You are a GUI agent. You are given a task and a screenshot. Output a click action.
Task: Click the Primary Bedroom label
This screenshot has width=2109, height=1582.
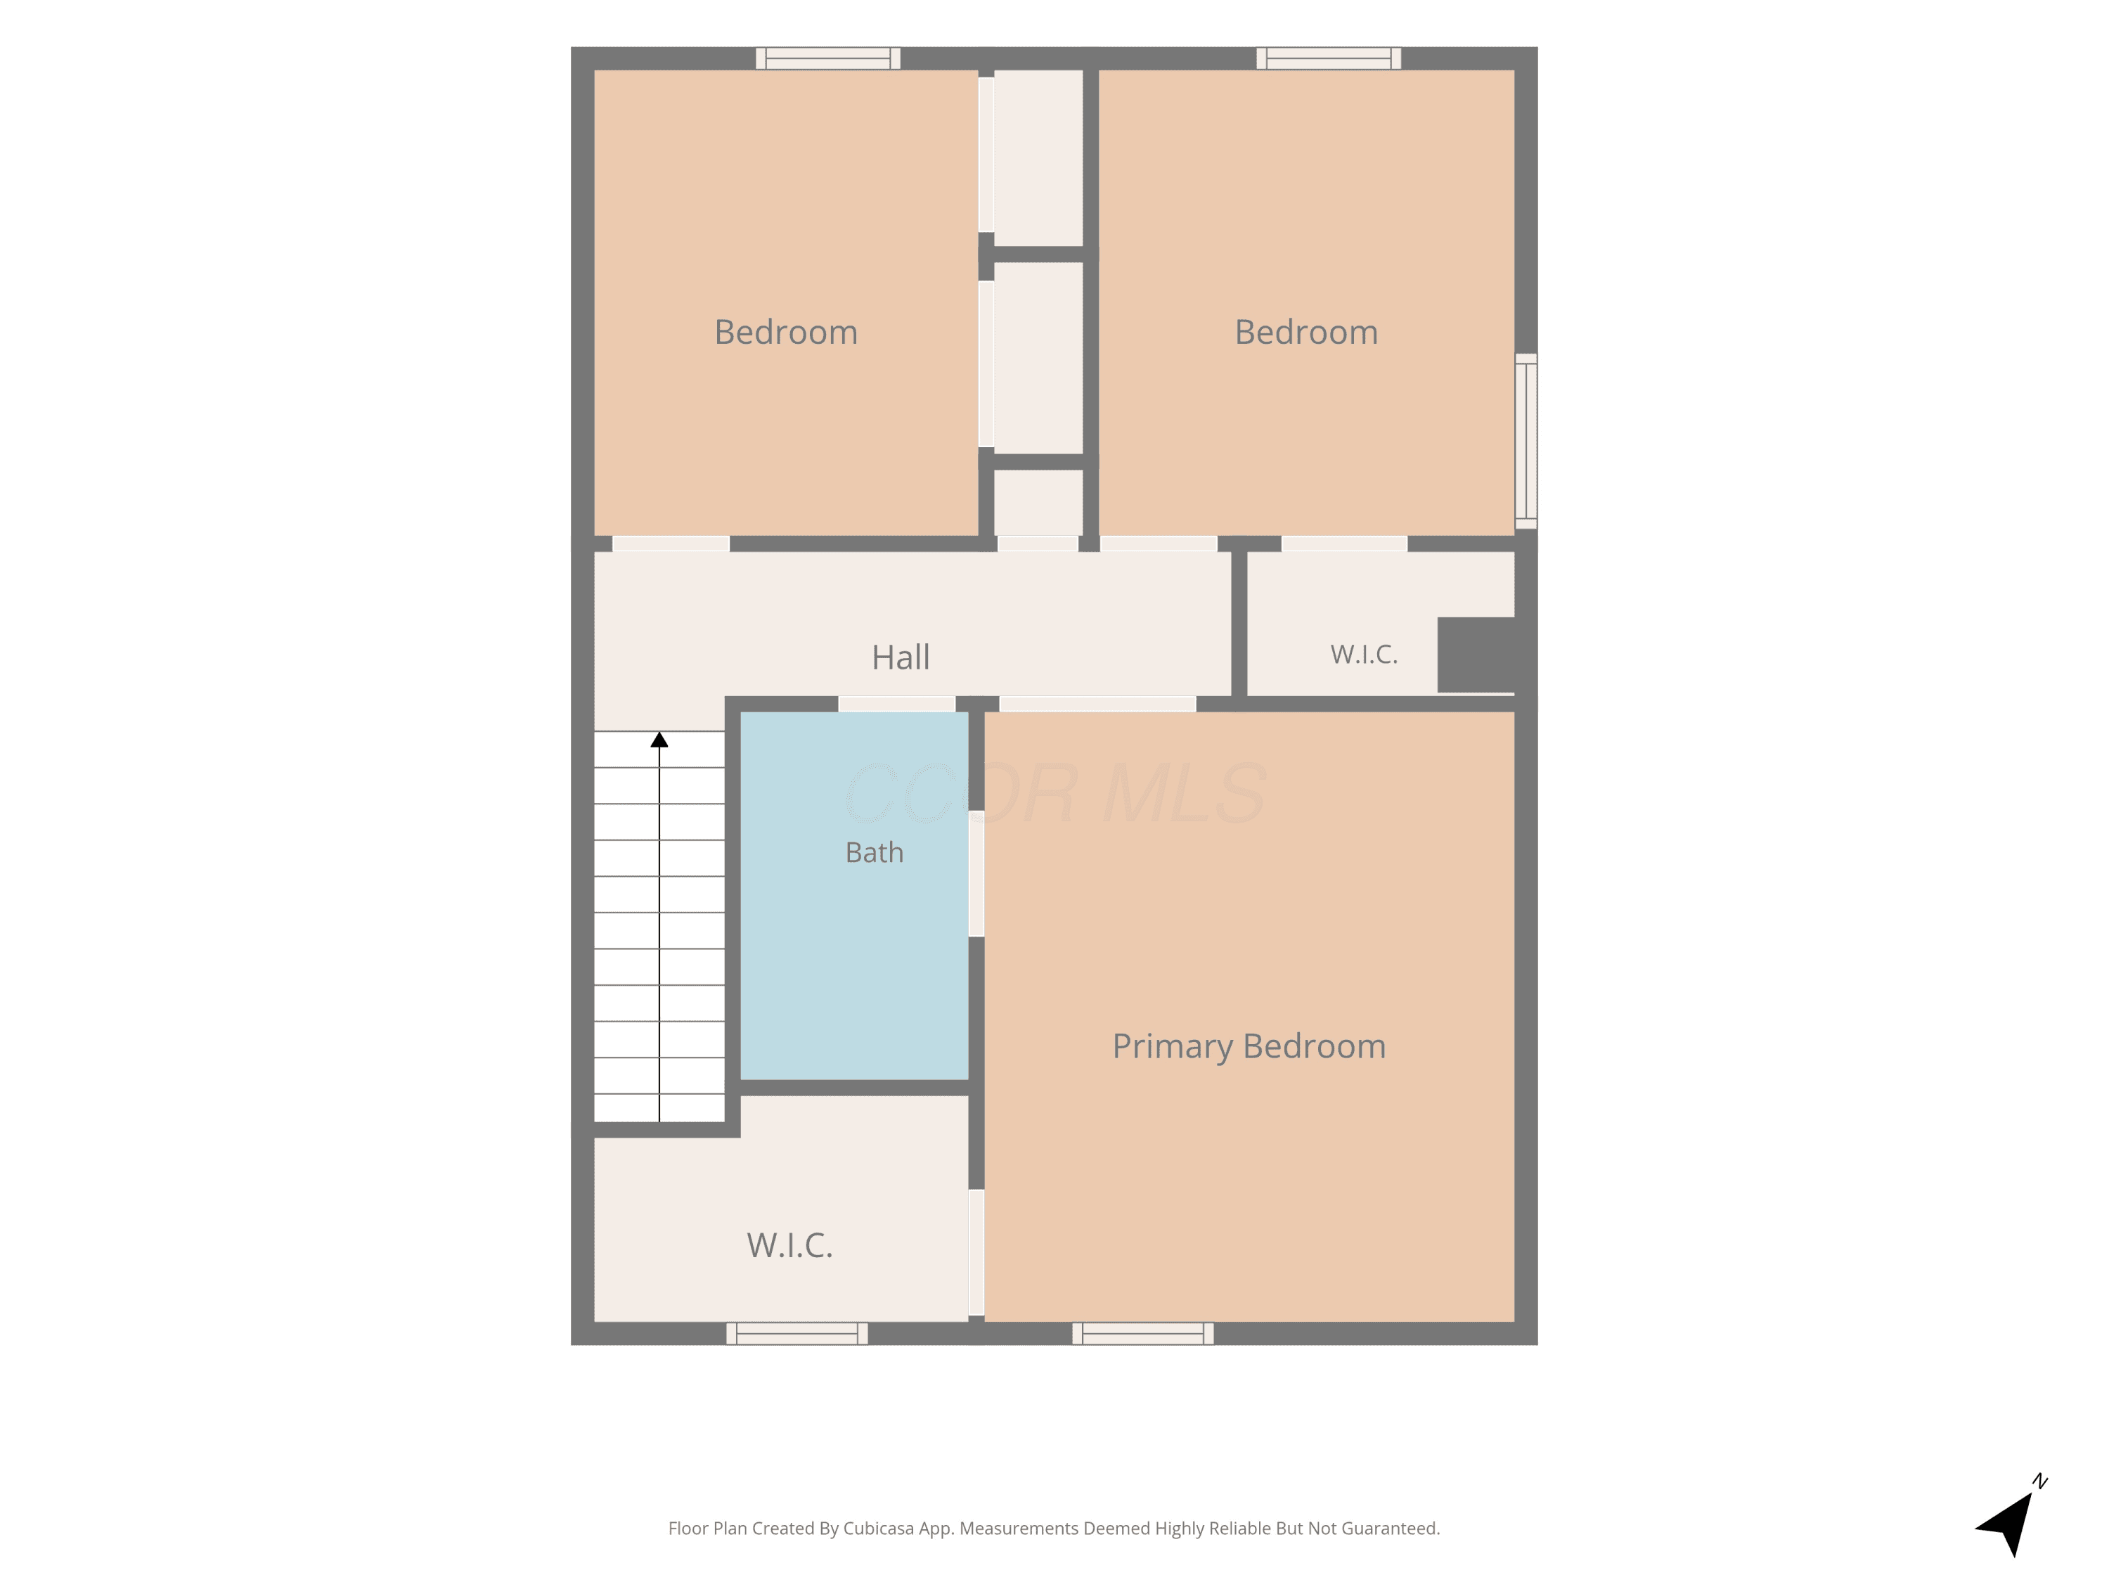pos(1249,1047)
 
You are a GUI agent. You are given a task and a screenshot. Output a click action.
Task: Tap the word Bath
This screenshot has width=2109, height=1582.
pos(875,852)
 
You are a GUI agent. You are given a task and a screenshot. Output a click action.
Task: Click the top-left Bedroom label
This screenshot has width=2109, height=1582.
pos(786,332)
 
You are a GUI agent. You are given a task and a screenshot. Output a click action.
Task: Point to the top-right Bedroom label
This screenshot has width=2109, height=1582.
pos(1306,332)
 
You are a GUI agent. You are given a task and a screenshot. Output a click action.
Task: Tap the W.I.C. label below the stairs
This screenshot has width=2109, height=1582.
pos(789,1245)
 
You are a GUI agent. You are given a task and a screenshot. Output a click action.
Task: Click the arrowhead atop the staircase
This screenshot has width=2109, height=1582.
pos(659,739)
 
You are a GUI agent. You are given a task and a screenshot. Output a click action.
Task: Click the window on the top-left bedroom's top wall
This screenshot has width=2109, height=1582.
pos(827,58)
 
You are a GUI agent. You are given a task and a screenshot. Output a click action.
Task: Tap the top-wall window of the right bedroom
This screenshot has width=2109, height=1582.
pos(1328,58)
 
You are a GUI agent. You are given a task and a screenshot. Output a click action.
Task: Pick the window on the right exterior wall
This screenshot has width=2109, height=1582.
pos(1526,441)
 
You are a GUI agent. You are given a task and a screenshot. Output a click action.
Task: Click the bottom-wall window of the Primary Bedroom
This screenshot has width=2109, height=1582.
pos(1142,1333)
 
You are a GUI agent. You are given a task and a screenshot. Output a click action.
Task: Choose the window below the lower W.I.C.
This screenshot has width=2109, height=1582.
pos(797,1333)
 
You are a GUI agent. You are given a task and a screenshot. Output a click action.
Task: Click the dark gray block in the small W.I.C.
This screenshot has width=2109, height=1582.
pos(1476,655)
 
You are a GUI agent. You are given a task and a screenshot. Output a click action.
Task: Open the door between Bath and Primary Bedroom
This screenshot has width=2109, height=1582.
pos(976,873)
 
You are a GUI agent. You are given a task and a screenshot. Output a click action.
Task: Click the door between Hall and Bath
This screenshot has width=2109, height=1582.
pos(896,704)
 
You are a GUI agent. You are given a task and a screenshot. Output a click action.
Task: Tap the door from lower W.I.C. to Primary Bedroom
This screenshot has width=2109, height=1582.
pos(976,1252)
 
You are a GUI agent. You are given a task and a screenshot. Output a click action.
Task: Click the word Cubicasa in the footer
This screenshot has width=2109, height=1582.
pos(879,1529)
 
